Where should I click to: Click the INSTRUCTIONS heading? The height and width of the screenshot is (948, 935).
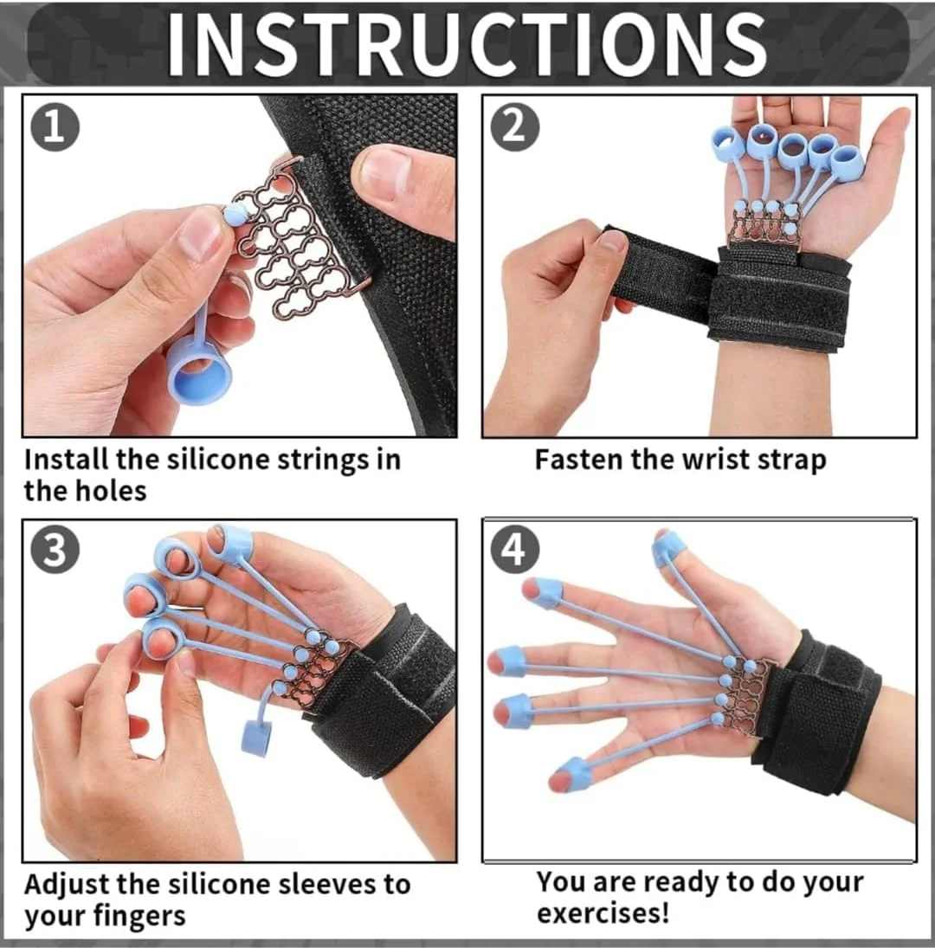(x=467, y=45)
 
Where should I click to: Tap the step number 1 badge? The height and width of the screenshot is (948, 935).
(x=55, y=127)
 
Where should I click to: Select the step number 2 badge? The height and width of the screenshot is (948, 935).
(x=514, y=127)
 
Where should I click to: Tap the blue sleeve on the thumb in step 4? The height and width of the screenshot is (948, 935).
(x=669, y=550)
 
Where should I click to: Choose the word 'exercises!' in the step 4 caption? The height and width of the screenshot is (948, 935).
(x=603, y=913)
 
